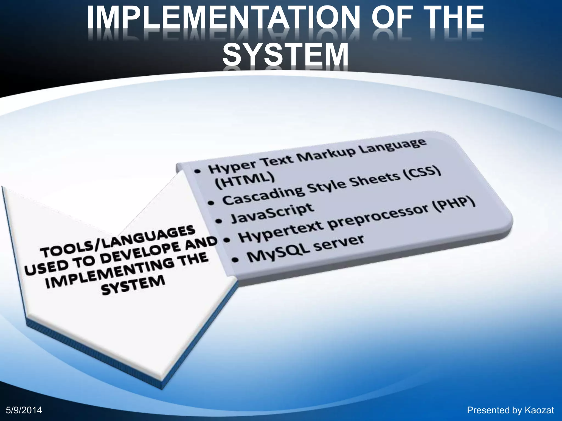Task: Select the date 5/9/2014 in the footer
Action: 24,410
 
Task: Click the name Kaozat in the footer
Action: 539,410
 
